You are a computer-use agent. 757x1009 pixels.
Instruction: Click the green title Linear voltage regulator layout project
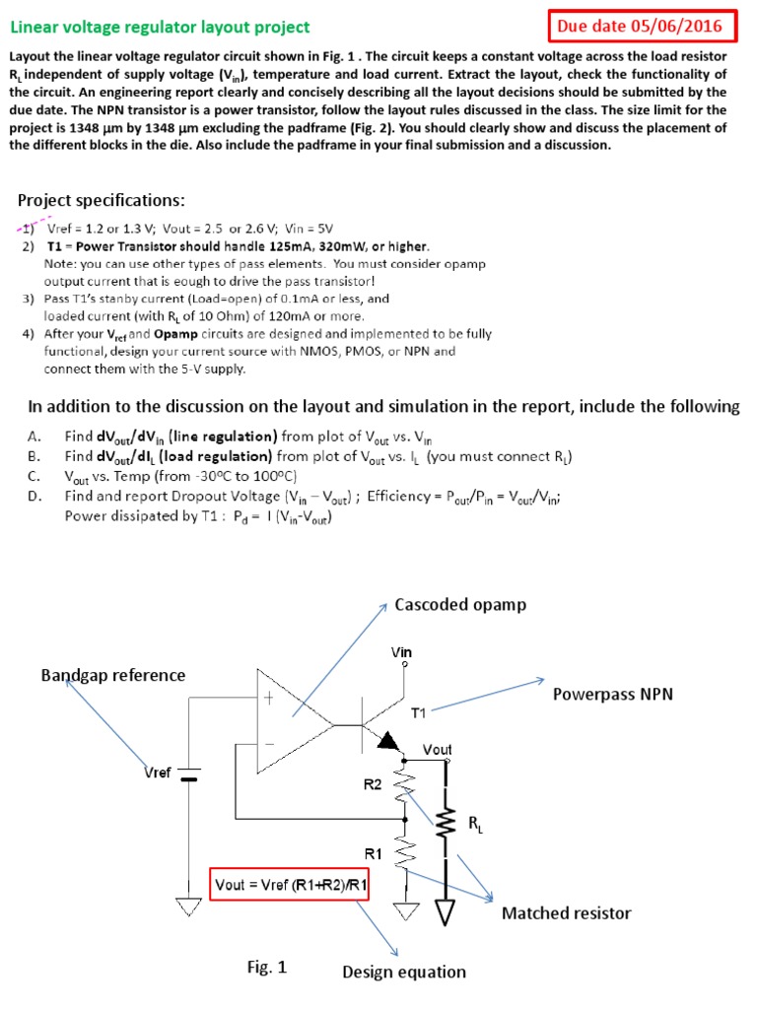pos(160,28)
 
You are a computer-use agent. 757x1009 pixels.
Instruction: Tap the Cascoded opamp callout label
pos(460,604)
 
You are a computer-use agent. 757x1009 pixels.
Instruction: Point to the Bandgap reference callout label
pos(112,675)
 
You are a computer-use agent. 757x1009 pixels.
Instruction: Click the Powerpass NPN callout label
pos(612,694)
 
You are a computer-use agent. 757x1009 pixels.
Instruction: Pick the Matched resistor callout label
pos(566,913)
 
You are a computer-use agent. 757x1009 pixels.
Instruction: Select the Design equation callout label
pos(404,973)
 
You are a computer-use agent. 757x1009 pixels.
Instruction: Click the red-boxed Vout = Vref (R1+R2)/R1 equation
pos(291,885)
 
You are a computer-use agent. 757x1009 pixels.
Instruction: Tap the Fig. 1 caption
pos(266,968)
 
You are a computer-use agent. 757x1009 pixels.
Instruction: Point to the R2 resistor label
pos(373,785)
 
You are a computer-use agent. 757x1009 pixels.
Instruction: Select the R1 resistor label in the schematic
pos(375,853)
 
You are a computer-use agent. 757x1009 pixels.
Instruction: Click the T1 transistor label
pos(420,710)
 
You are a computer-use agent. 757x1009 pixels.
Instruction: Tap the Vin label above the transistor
pos(401,651)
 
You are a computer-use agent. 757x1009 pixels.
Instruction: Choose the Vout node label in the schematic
pos(437,750)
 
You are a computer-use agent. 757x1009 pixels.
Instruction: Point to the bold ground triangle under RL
pos(446,913)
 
